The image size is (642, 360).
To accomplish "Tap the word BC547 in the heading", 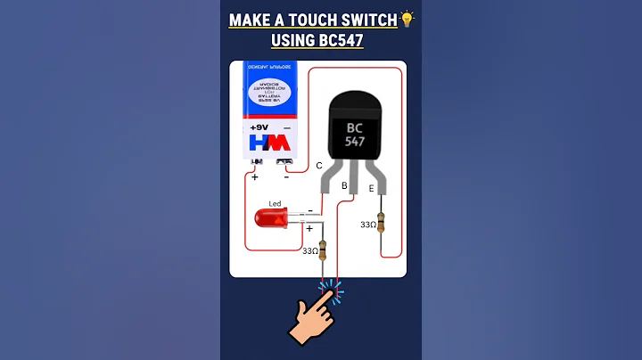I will pos(332,40).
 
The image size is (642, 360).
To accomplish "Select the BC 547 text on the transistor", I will pos(356,135).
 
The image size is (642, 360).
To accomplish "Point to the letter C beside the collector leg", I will pos(319,166).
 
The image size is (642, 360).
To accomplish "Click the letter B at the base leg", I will pos(344,185).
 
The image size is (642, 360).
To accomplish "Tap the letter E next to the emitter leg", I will pos(372,188).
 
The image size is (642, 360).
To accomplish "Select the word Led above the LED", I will pos(275,204).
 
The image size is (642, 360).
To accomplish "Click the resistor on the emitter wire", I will pos(382,223).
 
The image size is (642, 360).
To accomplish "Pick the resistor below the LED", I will pos(323,251).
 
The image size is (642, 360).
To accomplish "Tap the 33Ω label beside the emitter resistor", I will pos(367,225).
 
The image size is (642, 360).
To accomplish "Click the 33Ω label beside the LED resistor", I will pos(309,251).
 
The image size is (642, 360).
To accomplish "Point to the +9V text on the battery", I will pos(259,127).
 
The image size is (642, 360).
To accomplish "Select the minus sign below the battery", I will pos(285,176).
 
